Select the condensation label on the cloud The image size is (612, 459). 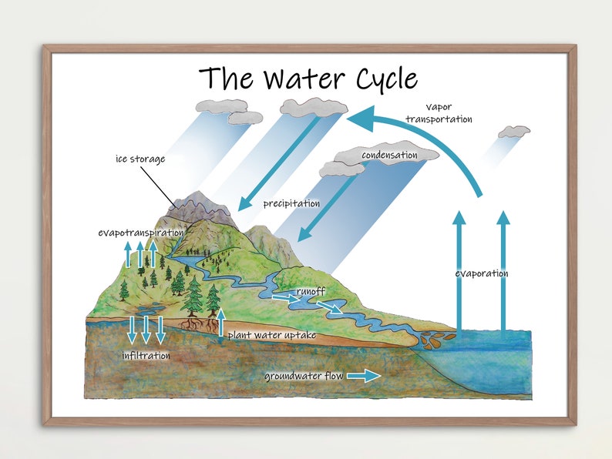[389, 156]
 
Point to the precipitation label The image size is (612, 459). [291, 204]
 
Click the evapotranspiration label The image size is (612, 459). [141, 232]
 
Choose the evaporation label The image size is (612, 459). [482, 273]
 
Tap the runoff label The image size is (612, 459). [311, 292]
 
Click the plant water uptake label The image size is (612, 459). [272, 336]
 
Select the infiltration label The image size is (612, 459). [146, 356]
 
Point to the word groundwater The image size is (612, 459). [291, 377]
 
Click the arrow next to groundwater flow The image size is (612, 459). [363, 376]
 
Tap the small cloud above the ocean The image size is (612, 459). [514, 132]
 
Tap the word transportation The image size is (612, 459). [439, 119]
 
